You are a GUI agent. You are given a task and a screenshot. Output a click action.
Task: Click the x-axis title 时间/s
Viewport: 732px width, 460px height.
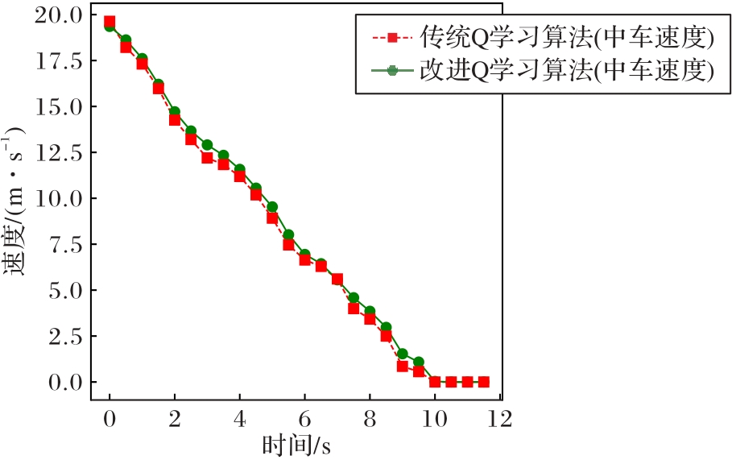click(296, 445)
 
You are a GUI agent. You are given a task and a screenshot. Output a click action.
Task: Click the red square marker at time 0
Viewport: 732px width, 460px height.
click(110, 22)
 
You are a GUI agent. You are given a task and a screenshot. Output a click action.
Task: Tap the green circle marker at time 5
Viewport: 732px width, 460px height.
click(272, 207)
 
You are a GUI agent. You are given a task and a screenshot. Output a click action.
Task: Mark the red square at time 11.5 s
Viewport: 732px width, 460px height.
click(483, 382)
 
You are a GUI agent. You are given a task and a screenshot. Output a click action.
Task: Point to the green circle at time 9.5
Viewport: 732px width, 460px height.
click(419, 363)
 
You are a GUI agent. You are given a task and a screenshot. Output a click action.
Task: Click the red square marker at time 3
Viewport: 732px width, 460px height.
click(207, 158)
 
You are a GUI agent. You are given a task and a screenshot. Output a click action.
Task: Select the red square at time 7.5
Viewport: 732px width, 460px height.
click(354, 309)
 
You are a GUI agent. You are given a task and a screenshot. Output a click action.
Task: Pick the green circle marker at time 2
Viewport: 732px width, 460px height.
click(175, 112)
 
